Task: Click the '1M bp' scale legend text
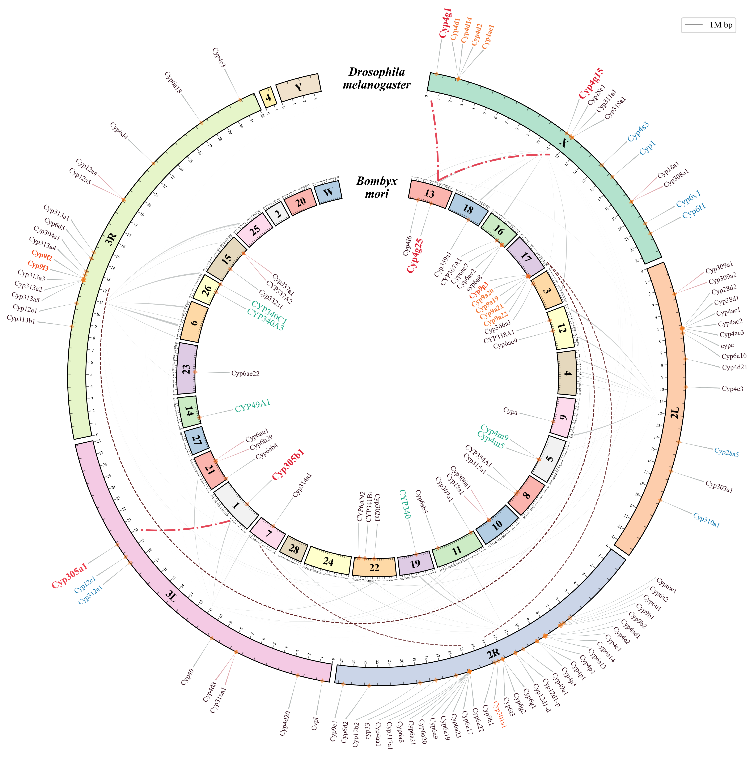(721, 25)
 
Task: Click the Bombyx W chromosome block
(328, 192)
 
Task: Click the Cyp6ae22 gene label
(245, 373)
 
